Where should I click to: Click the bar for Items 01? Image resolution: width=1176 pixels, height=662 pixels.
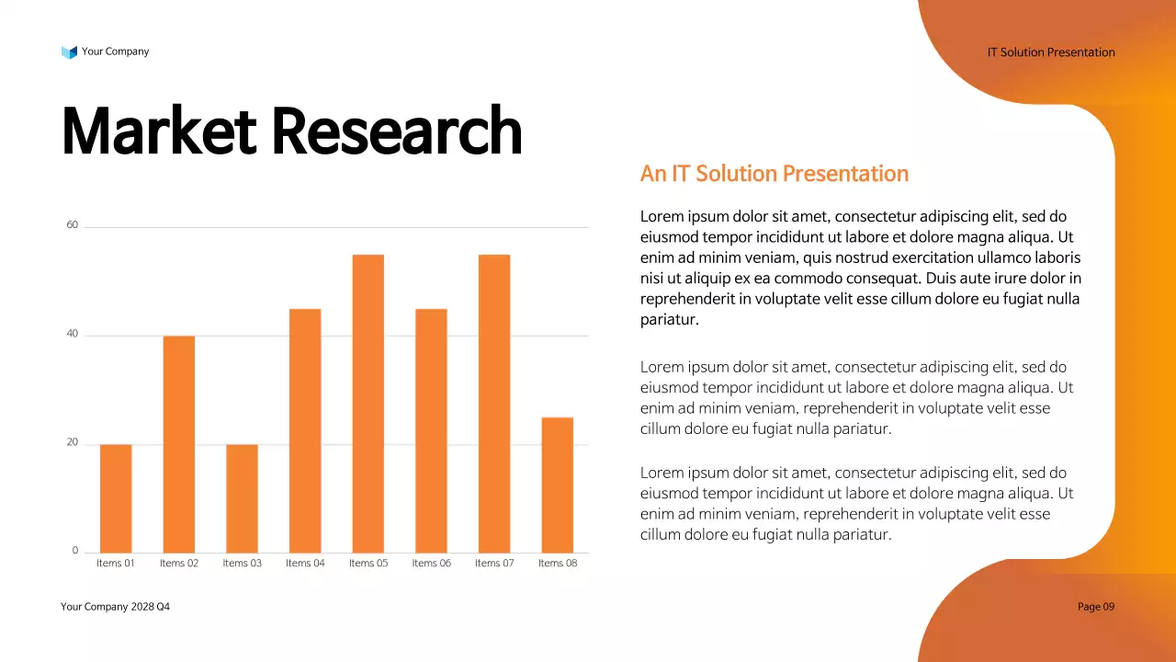coord(116,498)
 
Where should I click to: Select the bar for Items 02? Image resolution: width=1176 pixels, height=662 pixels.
coord(179,444)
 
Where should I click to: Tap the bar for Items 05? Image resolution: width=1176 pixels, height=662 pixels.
coord(367,404)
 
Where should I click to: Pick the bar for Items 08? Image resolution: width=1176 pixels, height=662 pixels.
coord(557,485)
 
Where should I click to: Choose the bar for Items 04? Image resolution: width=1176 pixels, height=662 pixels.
coord(305,430)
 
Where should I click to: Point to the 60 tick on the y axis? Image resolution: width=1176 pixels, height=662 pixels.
coord(73,225)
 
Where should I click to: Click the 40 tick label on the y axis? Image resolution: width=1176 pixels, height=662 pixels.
coord(73,334)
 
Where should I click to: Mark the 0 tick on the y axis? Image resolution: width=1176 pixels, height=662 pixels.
coord(75,551)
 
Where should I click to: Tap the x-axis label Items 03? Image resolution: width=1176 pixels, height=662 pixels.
coord(242,564)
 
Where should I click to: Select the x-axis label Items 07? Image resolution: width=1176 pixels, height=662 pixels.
coord(494,564)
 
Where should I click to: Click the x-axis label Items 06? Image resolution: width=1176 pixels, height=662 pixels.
coord(431,564)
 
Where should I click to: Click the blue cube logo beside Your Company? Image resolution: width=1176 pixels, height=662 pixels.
coord(69,52)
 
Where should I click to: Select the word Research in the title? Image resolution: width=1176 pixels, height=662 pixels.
coord(397,131)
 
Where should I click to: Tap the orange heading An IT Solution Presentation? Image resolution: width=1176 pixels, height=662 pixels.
coord(774,174)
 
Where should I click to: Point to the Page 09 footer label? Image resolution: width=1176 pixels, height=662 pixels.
coord(1095,607)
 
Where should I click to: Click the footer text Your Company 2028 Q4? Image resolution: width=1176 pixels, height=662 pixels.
coord(115,607)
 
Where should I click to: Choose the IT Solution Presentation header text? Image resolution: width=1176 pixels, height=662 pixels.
coord(1051,52)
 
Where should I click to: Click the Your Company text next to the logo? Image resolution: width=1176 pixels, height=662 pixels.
coord(115,51)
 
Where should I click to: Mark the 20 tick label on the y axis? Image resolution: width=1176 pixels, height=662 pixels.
coord(73,442)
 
